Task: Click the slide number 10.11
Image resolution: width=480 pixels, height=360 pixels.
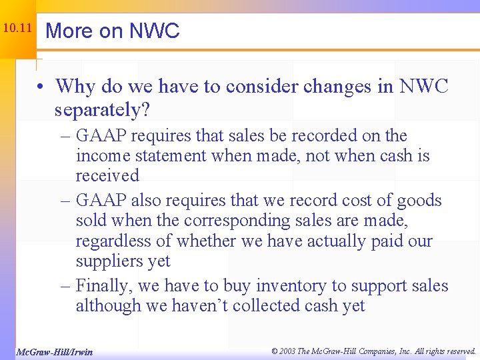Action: click(17, 29)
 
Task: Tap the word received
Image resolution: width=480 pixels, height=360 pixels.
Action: click(107, 176)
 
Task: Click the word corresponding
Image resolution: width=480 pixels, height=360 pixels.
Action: click(220, 221)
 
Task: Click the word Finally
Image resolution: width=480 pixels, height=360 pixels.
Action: click(101, 286)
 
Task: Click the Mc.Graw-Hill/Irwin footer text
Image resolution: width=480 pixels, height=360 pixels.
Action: click(54, 351)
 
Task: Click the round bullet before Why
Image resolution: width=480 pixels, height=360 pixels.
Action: click(41, 87)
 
